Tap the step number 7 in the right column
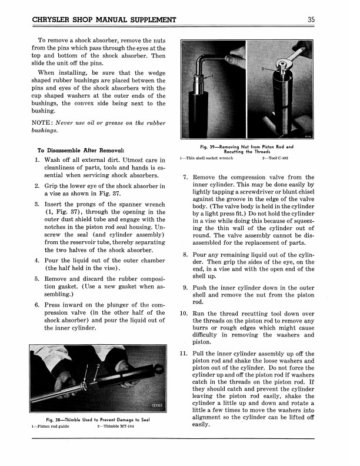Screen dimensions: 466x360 click(x=186, y=177)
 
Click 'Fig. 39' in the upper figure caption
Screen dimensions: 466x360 click(x=207, y=146)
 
